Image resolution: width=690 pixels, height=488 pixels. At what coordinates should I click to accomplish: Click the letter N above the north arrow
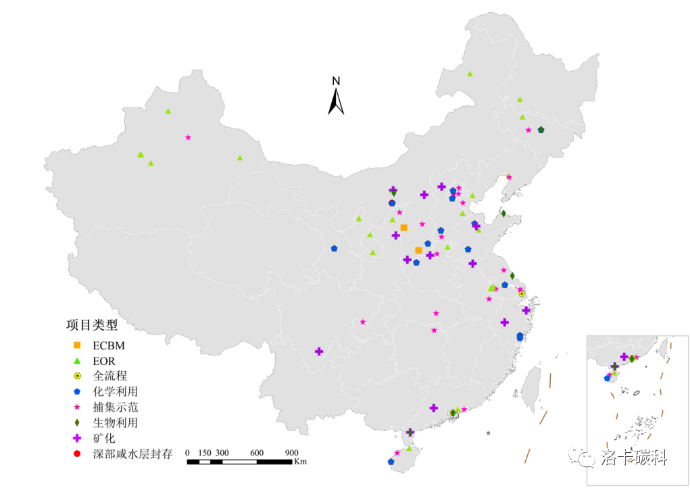pos(336,81)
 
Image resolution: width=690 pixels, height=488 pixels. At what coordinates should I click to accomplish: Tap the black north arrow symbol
pos(336,101)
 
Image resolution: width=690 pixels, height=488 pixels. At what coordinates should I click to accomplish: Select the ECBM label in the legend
pos(109,345)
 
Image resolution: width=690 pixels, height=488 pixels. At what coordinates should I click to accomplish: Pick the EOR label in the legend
pos(104,361)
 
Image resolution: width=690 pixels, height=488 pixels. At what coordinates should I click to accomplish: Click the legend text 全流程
pos(110,376)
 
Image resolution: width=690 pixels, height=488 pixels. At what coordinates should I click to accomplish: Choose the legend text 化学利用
pos(116,391)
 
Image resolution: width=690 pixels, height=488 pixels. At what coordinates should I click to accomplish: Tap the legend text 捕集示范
pos(116,408)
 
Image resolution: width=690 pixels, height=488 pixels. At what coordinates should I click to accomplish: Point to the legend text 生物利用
pos(116,423)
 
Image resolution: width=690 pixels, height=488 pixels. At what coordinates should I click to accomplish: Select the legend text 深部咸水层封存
pos(132,454)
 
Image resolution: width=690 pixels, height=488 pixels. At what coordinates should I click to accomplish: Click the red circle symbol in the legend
pos(77,454)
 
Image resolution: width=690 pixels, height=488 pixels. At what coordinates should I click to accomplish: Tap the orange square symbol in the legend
pos(77,345)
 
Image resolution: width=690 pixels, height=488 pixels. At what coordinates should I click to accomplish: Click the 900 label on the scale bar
pos(291,453)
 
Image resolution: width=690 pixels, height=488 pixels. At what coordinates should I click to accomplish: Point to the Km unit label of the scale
pos(301,462)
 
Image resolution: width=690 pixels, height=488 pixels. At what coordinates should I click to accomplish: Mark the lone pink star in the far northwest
pos(188,137)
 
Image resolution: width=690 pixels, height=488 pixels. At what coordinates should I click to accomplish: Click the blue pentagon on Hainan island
pos(391,462)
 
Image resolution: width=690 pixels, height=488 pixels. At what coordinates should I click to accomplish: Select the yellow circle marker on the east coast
pos(522,294)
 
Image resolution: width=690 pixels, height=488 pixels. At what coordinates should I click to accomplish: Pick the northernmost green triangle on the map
pos(470,74)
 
